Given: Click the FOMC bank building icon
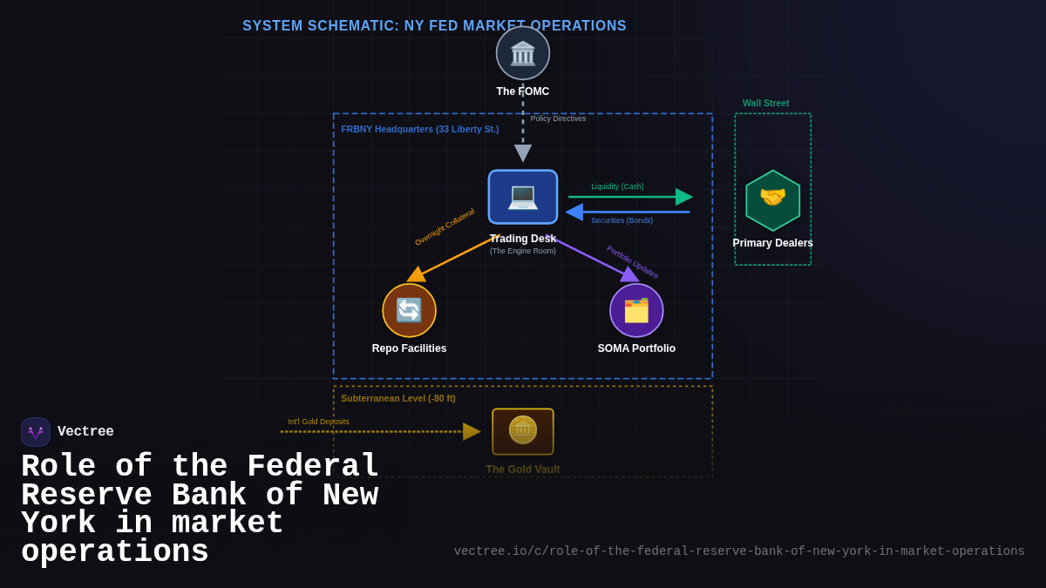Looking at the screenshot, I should click(523, 53).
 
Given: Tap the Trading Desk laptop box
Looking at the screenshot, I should click(523, 197).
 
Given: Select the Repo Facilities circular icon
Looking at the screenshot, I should click(409, 310).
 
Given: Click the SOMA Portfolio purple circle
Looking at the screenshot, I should click(636, 310).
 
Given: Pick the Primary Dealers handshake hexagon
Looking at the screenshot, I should click(772, 200).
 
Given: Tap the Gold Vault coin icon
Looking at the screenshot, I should click(523, 431).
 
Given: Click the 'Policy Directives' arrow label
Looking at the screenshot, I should click(558, 118).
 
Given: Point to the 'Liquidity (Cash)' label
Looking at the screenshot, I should click(617, 186).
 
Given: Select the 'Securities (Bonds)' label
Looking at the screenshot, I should click(621, 220).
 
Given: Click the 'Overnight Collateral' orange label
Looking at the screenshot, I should click(445, 226).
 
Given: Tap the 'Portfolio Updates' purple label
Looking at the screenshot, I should click(633, 261).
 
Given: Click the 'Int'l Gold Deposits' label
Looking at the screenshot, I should click(318, 422).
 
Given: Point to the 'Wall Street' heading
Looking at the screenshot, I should click(765, 103).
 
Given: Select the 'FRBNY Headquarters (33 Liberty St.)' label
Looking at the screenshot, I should click(419, 129).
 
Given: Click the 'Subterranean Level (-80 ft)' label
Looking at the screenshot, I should click(397, 398).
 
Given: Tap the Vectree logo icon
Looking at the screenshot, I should click(36, 432).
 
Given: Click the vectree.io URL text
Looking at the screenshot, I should click(739, 551).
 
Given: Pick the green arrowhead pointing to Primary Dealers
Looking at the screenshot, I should click(684, 197).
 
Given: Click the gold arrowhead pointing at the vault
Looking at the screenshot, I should click(472, 431).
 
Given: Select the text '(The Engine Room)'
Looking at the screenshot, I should click(522, 251).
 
